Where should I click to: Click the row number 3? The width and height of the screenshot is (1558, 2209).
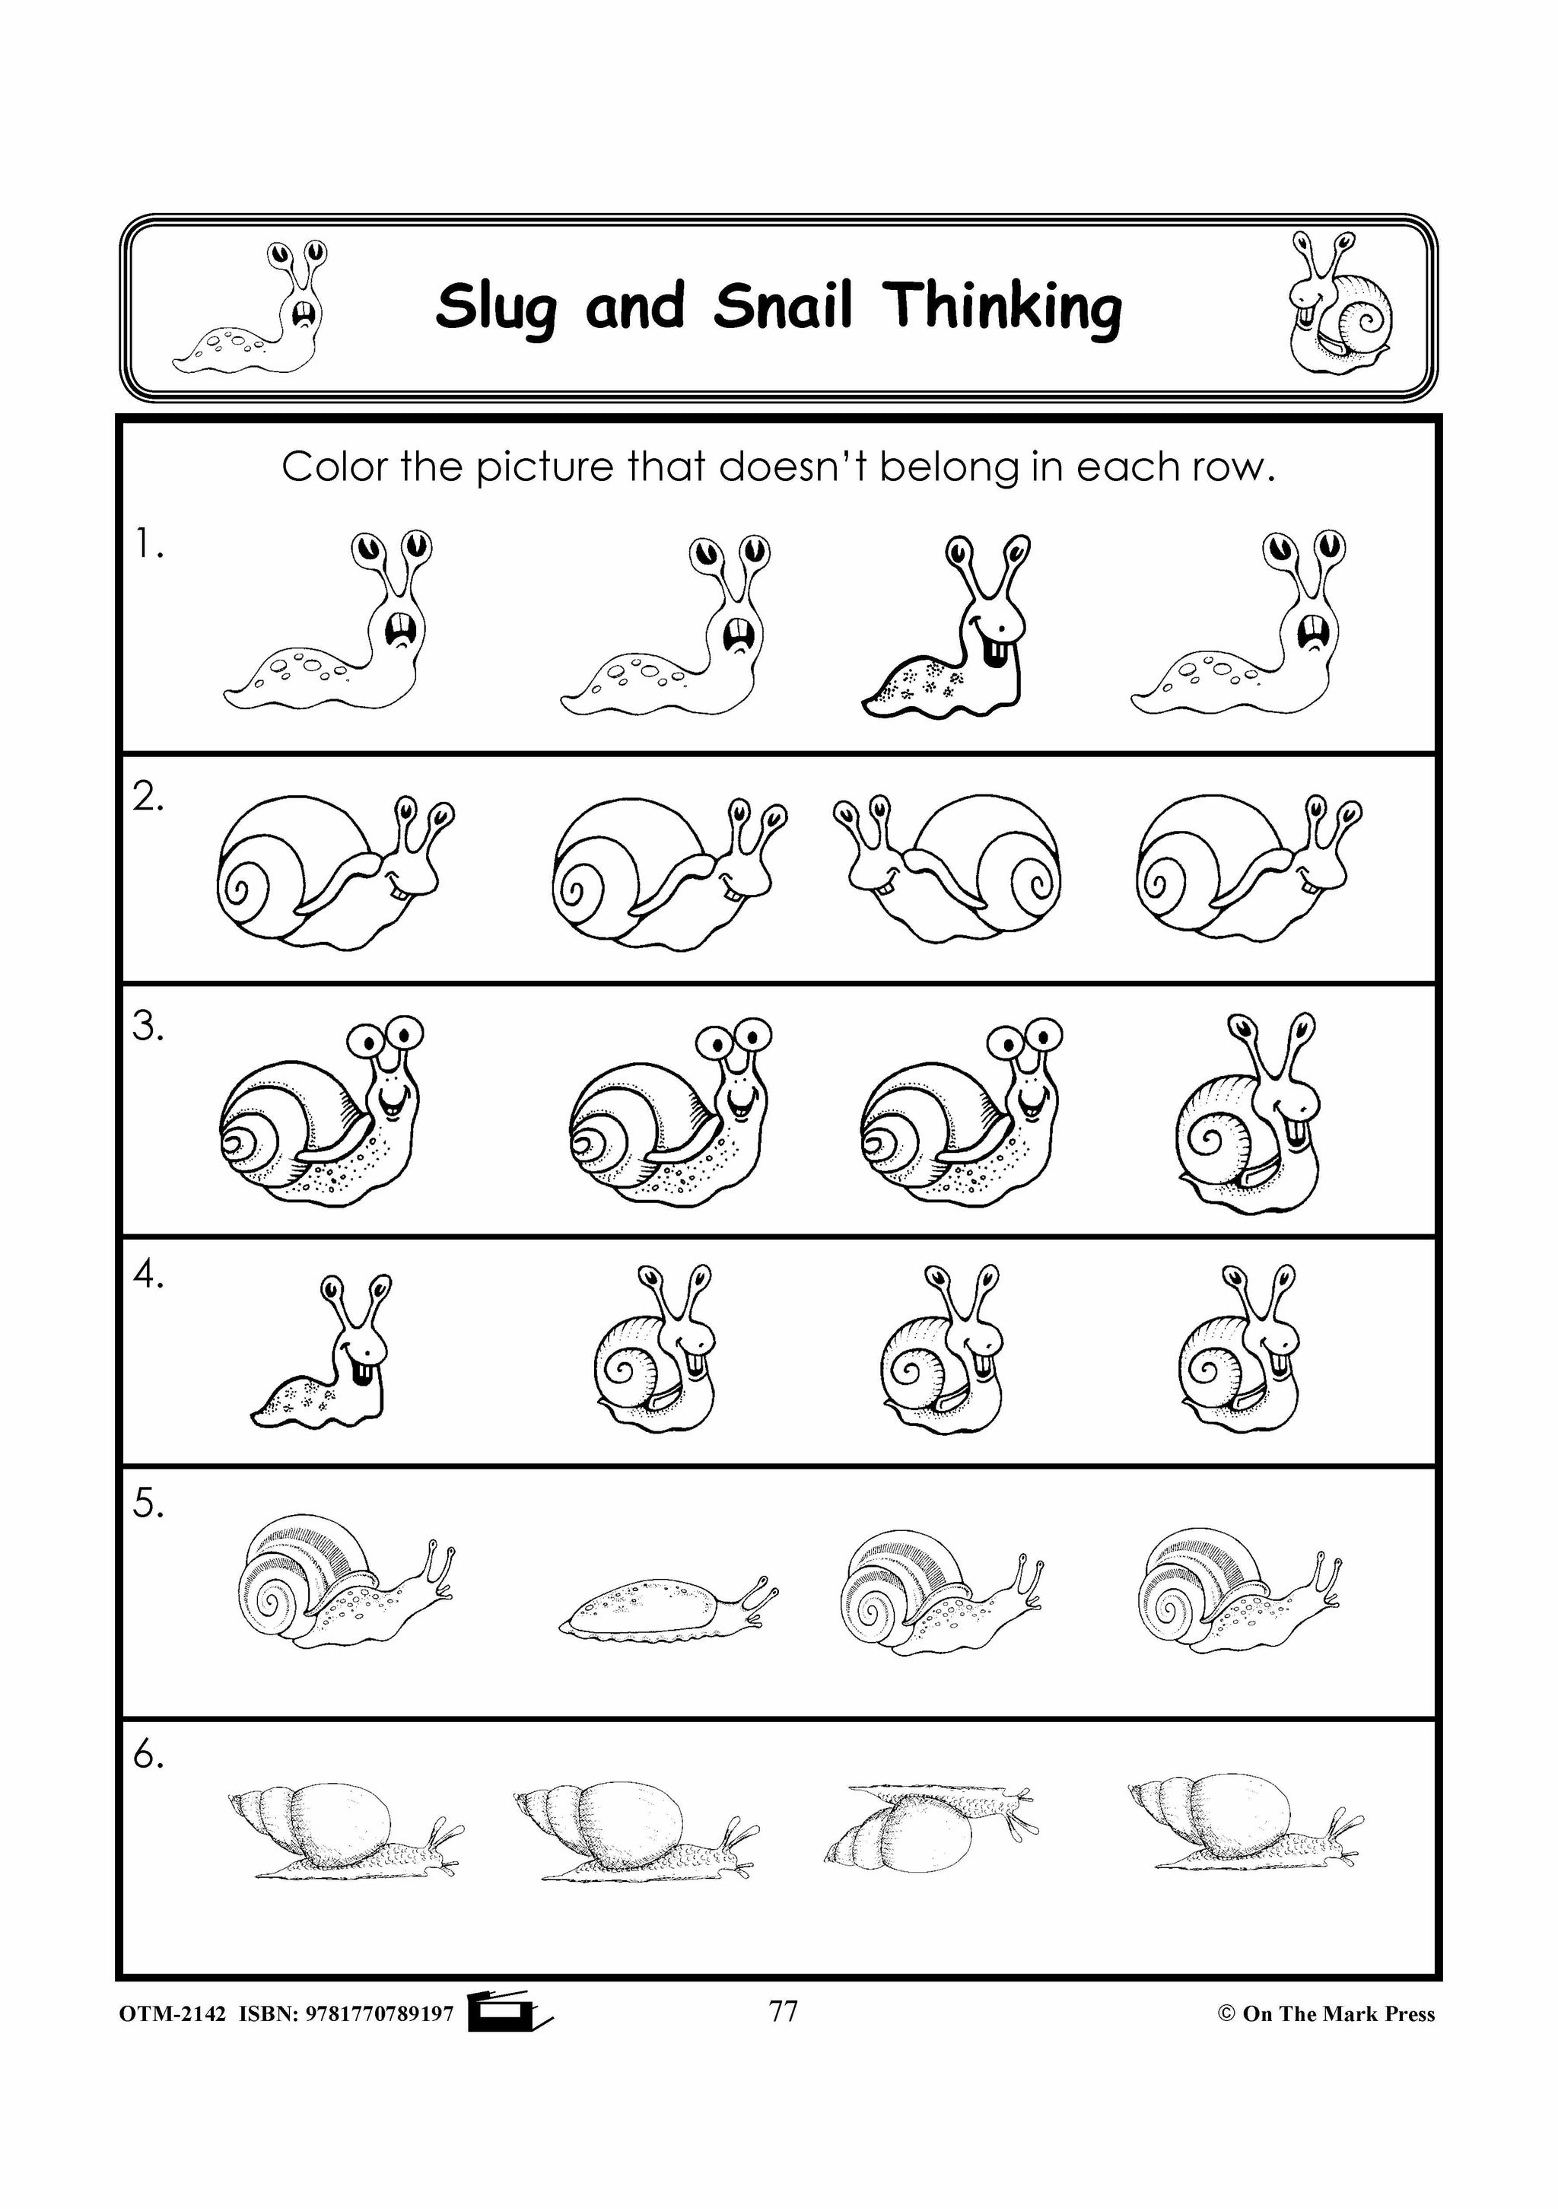148,1027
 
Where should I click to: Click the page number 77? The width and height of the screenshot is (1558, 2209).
784,2011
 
